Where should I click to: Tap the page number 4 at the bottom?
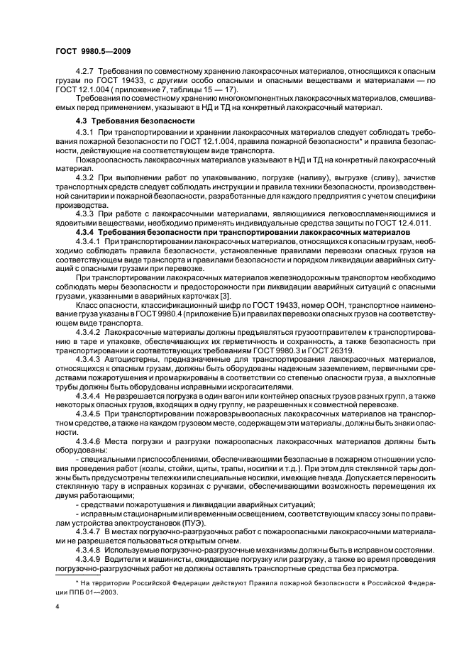(57, 607)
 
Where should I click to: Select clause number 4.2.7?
(85, 73)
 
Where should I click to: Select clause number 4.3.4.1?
(88, 242)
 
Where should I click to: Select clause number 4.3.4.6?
(88, 441)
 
